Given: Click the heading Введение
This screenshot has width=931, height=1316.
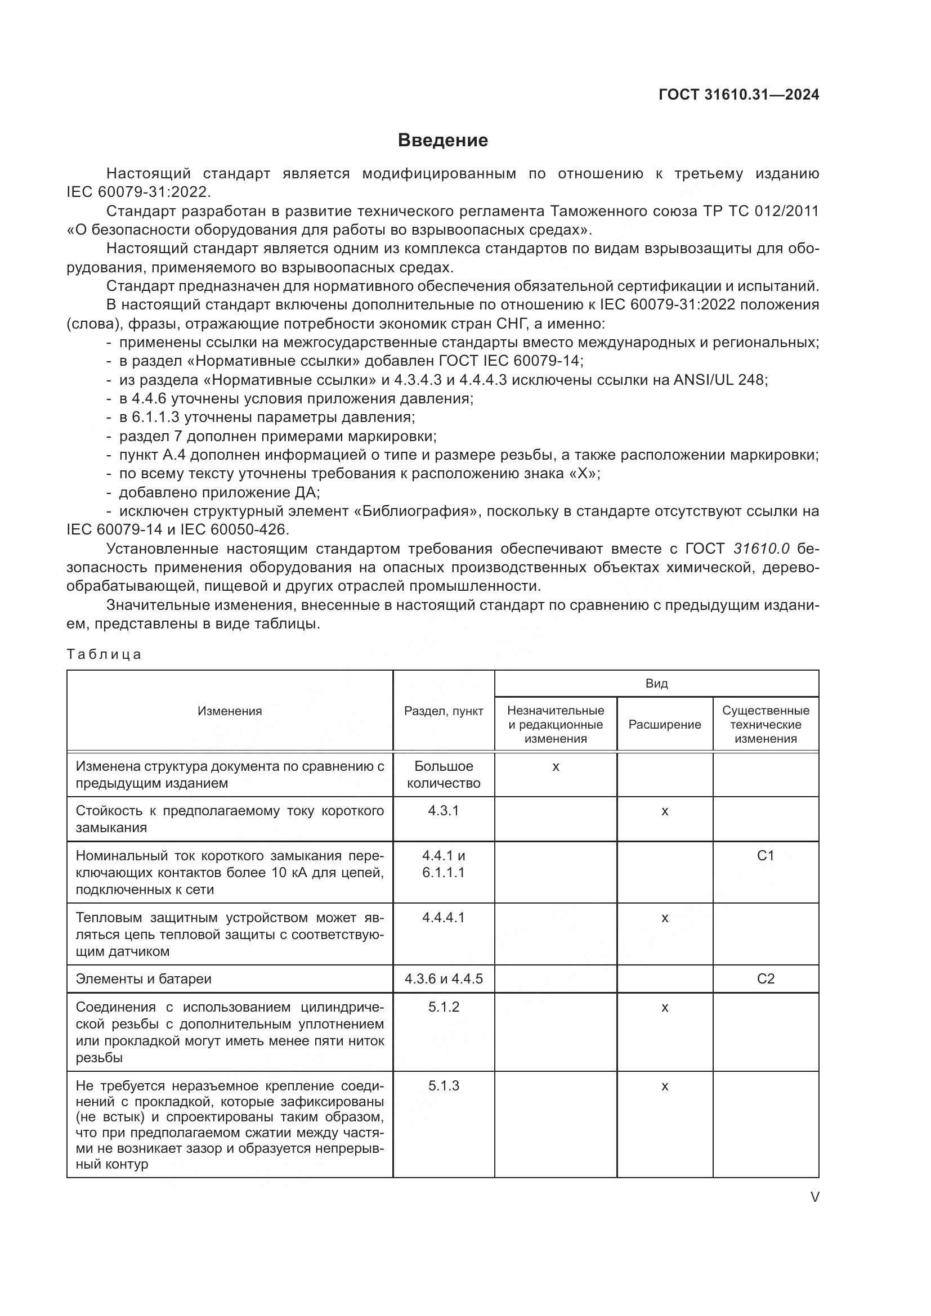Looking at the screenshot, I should click(x=442, y=141).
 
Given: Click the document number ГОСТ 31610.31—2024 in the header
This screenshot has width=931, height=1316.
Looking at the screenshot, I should click(x=738, y=95).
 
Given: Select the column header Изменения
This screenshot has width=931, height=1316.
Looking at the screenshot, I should click(x=229, y=711).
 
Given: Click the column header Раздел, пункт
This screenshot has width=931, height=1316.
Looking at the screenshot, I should click(x=443, y=711).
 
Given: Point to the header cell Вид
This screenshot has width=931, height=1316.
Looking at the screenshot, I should click(x=656, y=683).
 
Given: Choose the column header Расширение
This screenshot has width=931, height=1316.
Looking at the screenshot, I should click(x=664, y=725).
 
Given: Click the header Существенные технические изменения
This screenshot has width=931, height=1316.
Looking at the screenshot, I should click(x=766, y=725).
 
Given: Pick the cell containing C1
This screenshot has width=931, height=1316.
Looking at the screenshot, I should click(x=766, y=856).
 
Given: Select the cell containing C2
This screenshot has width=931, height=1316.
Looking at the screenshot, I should click(x=766, y=978).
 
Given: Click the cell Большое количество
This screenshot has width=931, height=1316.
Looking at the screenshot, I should click(x=443, y=774).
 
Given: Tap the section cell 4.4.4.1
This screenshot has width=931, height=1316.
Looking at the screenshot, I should click(x=443, y=917).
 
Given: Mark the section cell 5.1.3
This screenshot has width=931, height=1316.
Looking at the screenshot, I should click(x=443, y=1085).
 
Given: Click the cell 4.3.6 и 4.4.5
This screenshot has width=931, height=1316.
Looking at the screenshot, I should click(x=443, y=978).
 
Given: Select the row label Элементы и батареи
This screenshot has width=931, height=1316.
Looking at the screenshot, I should click(x=144, y=978).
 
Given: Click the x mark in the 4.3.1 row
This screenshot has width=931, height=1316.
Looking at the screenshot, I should click(x=664, y=811).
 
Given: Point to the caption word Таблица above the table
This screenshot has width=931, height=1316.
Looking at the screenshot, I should click(x=104, y=654).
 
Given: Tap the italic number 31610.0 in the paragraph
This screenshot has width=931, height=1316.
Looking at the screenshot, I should click(x=762, y=549).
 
